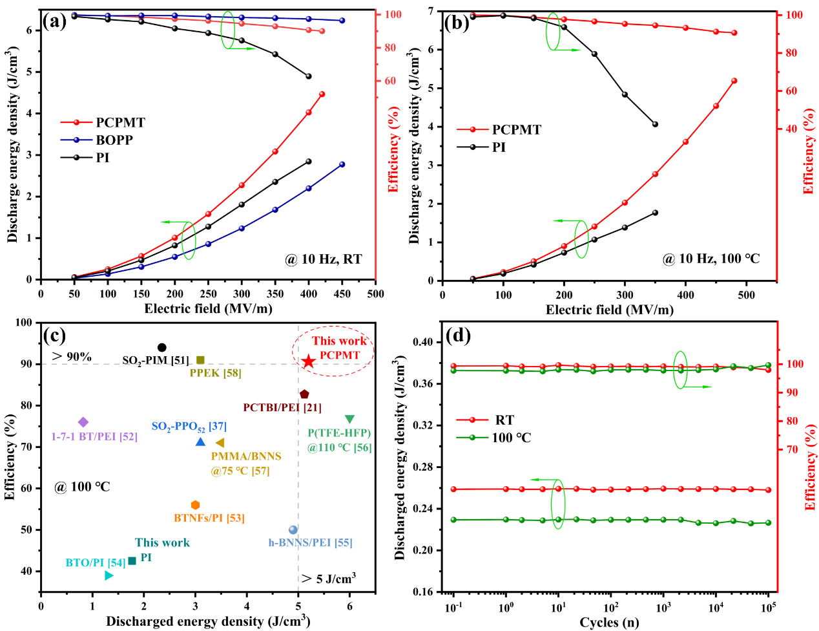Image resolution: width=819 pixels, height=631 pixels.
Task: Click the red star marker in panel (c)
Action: (x=309, y=361)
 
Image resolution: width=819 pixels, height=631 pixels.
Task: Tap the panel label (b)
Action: (x=457, y=23)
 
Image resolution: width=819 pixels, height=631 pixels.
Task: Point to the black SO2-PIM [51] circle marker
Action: (x=162, y=348)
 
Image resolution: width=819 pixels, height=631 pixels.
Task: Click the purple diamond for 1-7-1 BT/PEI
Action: (x=83, y=422)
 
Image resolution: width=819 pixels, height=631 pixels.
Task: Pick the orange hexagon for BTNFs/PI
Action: (x=196, y=505)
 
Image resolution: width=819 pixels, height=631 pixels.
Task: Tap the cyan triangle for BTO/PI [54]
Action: (x=109, y=575)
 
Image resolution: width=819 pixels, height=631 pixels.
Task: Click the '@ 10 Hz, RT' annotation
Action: (x=323, y=259)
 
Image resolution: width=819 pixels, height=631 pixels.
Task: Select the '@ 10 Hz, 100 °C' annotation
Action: (x=710, y=259)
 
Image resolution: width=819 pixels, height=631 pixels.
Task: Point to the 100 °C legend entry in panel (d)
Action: (x=511, y=438)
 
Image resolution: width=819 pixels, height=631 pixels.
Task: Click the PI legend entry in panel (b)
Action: (x=499, y=147)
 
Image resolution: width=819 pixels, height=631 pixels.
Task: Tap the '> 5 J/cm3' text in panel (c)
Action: (x=329, y=578)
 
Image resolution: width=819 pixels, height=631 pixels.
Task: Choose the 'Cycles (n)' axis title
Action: (x=609, y=623)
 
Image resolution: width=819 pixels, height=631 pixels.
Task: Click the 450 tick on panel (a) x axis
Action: (x=342, y=294)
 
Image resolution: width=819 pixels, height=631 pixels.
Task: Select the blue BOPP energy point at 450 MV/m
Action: (x=342, y=164)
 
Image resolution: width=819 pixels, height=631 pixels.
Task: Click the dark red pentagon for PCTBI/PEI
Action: (x=304, y=394)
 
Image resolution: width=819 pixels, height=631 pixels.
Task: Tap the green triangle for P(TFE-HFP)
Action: (x=349, y=419)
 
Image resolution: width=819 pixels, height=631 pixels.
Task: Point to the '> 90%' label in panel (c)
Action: (x=72, y=357)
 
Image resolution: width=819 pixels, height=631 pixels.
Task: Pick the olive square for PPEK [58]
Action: (x=200, y=360)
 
